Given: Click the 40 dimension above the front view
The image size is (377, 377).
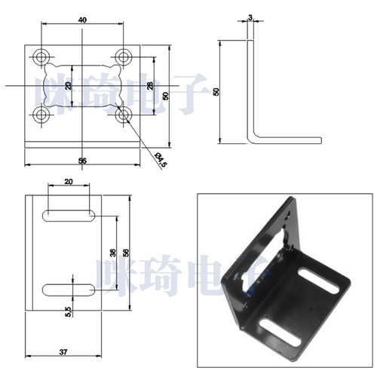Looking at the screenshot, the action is pos(82,20).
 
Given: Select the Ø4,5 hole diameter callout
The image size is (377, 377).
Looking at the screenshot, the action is pos(161,160).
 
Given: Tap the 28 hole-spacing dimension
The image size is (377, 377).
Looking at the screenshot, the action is pos(150,86).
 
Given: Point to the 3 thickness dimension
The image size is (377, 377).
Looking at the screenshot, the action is pos(250,17).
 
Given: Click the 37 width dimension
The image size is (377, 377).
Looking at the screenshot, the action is pos(63,352).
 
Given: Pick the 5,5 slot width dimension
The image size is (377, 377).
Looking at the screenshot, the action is pos(69,311).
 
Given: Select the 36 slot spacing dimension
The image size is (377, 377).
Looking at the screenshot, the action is pos(114,253).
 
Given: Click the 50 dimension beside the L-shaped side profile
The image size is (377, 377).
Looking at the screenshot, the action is pos(216,92).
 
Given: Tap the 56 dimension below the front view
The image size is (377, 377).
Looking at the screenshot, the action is pos(82,161).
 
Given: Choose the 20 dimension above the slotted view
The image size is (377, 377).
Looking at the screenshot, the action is pos(69,182).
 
